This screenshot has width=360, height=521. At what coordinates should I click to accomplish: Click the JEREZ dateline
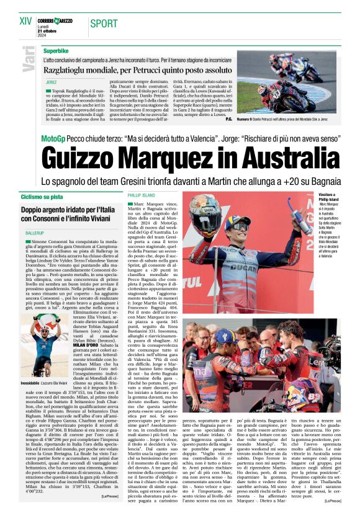pyautogui.click(x=52, y=82)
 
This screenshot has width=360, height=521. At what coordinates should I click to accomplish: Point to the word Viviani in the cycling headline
pyautogui.click(x=99, y=220)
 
